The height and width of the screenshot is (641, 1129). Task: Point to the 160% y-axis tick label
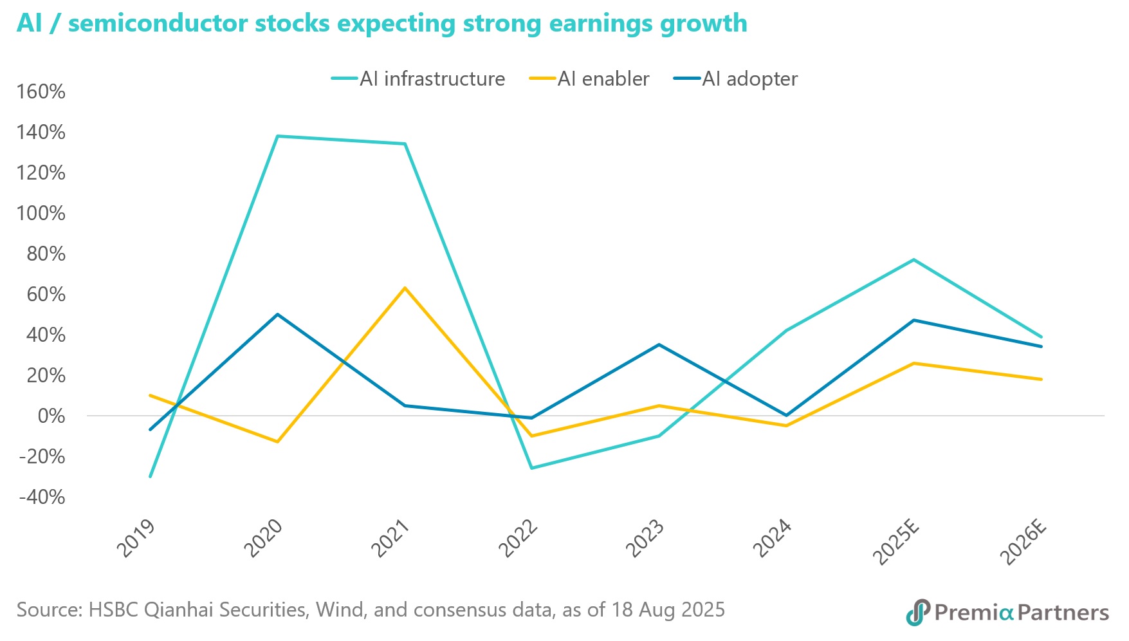click(41, 92)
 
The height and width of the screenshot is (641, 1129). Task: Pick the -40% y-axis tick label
click(42, 497)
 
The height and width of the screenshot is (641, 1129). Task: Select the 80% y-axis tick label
click(46, 254)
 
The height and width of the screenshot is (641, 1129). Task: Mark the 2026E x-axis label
click(1023, 542)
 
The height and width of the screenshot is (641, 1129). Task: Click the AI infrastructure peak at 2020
click(277, 136)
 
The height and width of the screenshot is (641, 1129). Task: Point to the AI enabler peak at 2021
click(404, 288)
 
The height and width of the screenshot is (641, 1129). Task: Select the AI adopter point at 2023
click(659, 345)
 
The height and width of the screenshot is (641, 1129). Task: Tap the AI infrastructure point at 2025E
click(913, 259)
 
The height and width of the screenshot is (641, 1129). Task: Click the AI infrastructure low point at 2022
click(531, 468)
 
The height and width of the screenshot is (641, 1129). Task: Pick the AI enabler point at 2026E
click(1041, 379)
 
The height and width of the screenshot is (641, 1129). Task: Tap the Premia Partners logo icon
click(918, 612)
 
